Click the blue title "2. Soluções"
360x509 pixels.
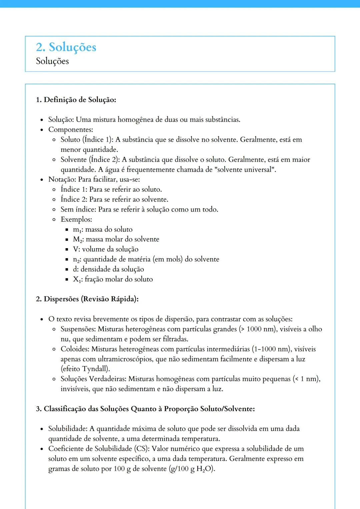[66, 47]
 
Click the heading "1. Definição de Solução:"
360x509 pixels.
[76, 100]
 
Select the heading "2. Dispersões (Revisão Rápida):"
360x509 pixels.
[87, 299]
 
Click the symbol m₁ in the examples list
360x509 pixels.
[77, 230]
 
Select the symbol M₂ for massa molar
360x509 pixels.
[78, 240]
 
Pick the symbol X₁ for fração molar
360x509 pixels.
[77, 279]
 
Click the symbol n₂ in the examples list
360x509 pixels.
[77, 259]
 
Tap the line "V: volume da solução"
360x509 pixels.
[105, 249]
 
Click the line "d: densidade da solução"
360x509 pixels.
[108, 269]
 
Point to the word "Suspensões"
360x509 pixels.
[78, 329]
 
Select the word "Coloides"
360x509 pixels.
[75, 349]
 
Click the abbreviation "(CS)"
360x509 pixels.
[141, 449]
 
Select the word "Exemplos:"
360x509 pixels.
[76, 220]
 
